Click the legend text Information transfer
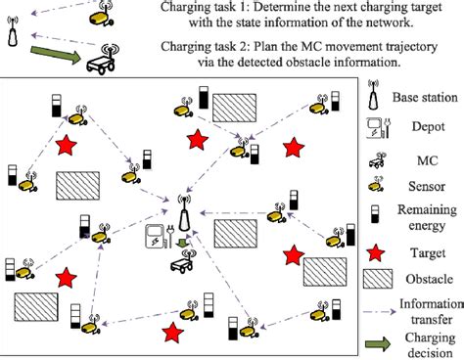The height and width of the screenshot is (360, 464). [x=427, y=311]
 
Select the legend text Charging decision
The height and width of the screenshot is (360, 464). [x=427, y=343]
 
